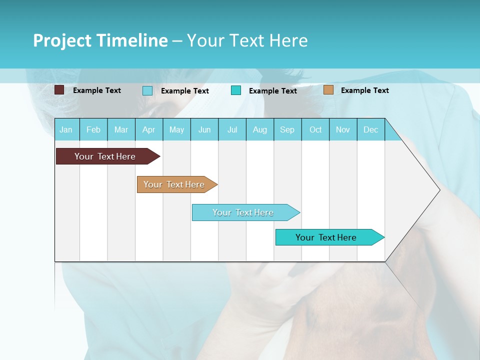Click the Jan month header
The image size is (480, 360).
(x=66, y=129)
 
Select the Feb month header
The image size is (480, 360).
(x=93, y=129)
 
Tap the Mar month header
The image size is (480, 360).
(x=121, y=129)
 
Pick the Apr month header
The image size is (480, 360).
(x=148, y=129)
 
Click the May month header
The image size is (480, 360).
(x=176, y=129)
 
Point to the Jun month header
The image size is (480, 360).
(x=204, y=129)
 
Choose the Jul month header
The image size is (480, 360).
(x=232, y=129)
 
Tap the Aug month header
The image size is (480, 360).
(x=259, y=129)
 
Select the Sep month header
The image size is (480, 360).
(x=287, y=129)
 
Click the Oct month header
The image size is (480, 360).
(x=315, y=129)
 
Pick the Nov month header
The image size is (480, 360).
(x=343, y=129)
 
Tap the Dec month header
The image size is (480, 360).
(x=370, y=129)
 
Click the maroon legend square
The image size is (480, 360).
(x=59, y=90)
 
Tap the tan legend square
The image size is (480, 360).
(x=328, y=90)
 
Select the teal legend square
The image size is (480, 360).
(x=236, y=90)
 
